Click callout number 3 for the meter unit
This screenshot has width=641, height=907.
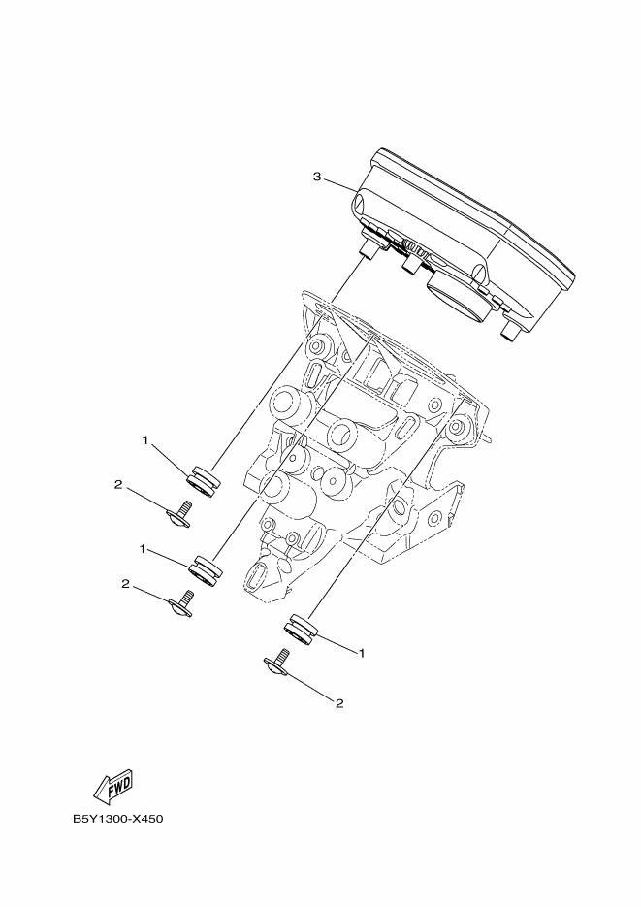[x=317, y=177]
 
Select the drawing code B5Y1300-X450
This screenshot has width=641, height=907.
[x=118, y=819]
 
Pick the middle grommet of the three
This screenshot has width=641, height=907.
[x=207, y=570]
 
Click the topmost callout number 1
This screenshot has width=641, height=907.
[x=145, y=440]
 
